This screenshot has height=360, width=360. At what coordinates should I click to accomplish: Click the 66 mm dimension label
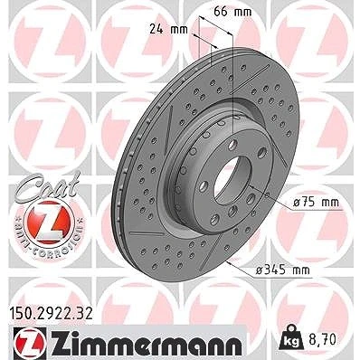coord(232,12)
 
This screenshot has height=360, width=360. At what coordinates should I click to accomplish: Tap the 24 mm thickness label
coord(168,30)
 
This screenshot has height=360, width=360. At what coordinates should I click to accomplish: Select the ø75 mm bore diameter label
coord(316,202)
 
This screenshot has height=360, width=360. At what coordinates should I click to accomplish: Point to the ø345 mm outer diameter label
coord(282,270)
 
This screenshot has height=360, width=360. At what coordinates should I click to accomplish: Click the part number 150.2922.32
coord(52,313)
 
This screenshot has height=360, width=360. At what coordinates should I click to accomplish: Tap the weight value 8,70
coord(321,339)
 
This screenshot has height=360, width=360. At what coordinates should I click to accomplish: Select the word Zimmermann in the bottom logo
coord(147,343)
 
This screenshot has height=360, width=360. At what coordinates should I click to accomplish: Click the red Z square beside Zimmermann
coord(30,343)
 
